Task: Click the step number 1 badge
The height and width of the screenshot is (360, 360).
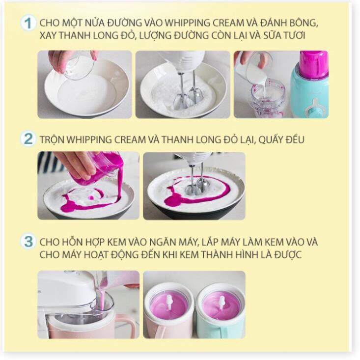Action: [28, 23]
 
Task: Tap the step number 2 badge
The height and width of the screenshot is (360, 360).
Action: [28, 139]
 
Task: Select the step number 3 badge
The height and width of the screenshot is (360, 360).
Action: [28, 242]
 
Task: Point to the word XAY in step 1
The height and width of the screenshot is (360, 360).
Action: [47, 35]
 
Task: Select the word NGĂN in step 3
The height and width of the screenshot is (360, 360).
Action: [162, 242]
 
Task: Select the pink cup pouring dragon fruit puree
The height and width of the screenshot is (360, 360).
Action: [98, 168]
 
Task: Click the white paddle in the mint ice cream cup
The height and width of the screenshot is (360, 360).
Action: [222, 302]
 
